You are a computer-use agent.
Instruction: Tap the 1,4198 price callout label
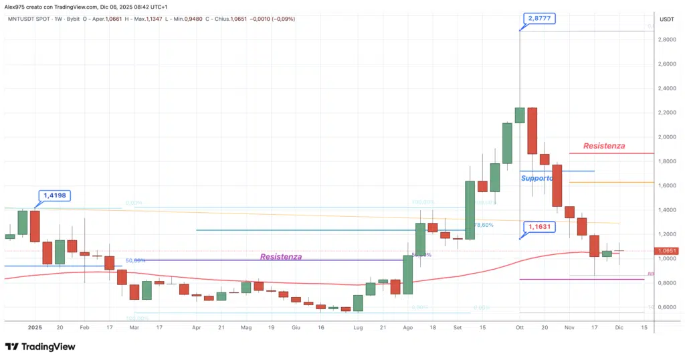click(x=56, y=196)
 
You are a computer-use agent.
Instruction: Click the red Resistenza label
click(x=603, y=145)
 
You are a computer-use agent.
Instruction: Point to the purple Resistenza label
click(x=281, y=256)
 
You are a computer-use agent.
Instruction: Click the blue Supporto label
click(x=536, y=178)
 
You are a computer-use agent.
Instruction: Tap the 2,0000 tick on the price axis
click(x=666, y=137)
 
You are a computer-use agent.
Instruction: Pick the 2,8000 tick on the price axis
click(x=666, y=40)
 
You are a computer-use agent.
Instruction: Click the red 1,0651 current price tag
click(x=666, y=251)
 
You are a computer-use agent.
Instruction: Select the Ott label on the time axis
click(x=520, y=328)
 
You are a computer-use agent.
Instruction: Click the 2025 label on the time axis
click(x=35, y=328)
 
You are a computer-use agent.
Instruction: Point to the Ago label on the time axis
click(x=408, y=328)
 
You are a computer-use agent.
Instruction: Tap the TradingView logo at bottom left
click(x=40, y=347)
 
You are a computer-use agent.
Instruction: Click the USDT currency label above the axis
click(x=666, y=19)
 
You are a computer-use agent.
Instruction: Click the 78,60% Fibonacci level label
click(x=483, y=225)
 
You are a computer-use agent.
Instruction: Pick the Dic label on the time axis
click(x=619, y=328)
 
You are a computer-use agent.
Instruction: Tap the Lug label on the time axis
click(x=358, y=328)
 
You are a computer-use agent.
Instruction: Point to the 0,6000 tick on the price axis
click(x=666, y=307)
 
